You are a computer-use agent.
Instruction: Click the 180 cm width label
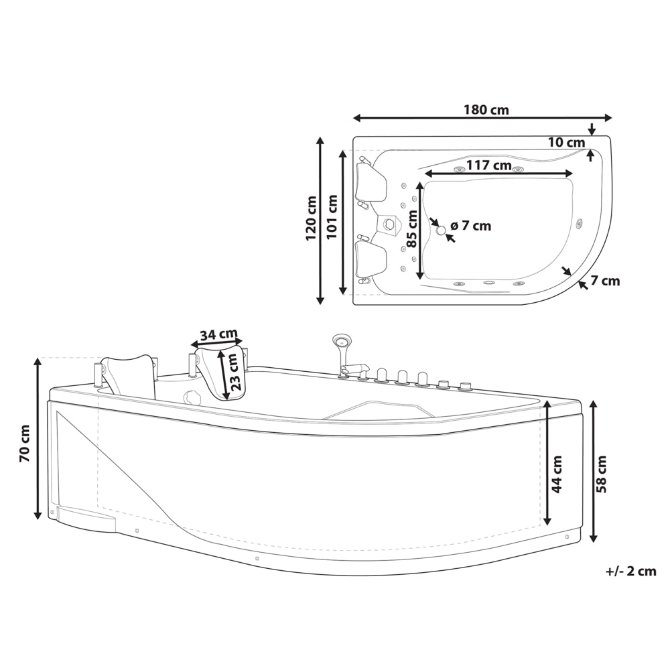coord(486,110)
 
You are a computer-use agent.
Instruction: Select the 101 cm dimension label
coord(332,216)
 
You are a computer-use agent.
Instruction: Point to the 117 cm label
coord(489,165)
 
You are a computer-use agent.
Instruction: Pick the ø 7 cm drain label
coord(471,225)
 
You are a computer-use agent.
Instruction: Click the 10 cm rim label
coord(567,142)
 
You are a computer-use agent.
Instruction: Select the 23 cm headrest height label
coord(235,372)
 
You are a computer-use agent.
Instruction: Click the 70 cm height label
coord(24,443)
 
